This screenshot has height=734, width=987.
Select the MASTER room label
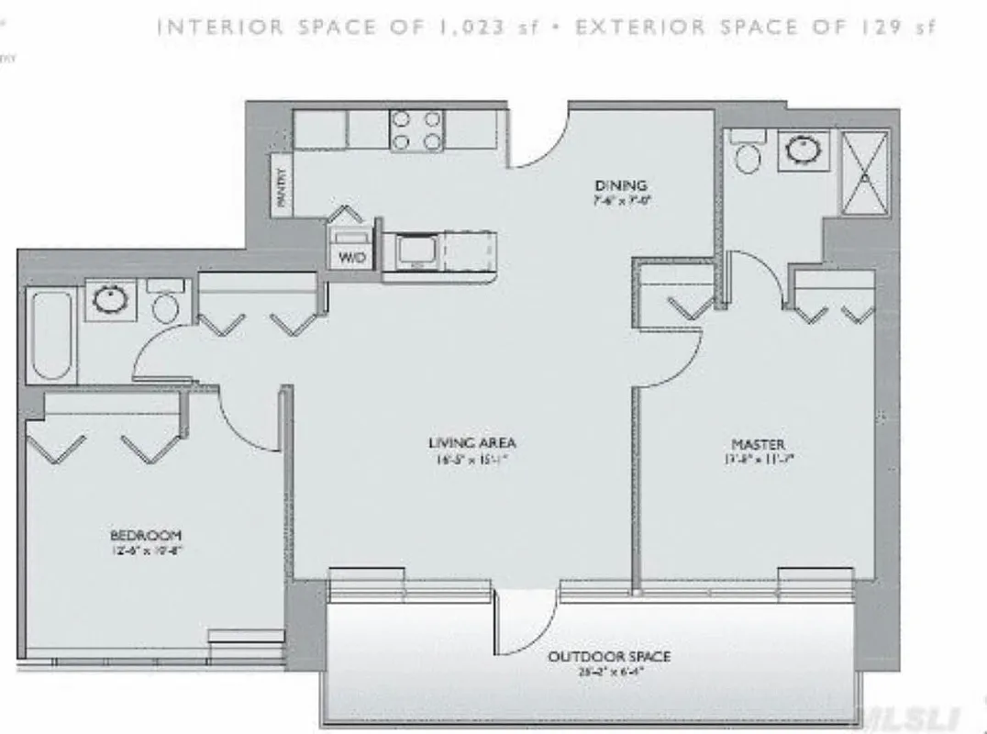(x=759, y=445)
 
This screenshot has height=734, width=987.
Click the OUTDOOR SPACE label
(x=608, y=657)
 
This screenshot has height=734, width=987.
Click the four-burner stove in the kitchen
(x=416, y=129)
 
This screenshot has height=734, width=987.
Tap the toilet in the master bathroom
(x=748, y=155)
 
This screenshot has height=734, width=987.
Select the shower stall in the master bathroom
(x=865, y=172)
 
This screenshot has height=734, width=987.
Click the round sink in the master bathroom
(x=803, y=150)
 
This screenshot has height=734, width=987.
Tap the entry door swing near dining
(x=537, y=138)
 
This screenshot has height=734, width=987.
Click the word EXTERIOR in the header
(x=638, y=27)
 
